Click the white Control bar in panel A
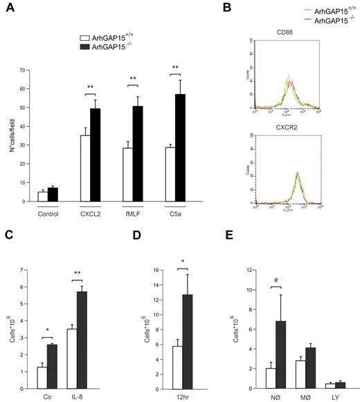pyautogui.click(x=43, y=197)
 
